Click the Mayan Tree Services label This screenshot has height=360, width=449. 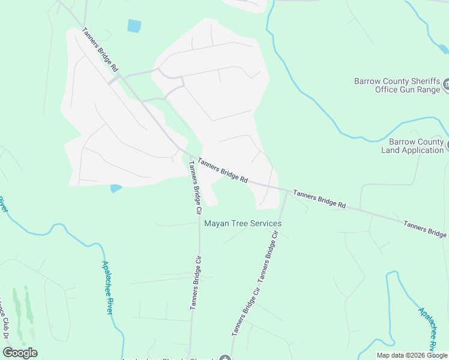coord(243,223)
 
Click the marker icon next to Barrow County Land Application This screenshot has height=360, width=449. coord(447,144)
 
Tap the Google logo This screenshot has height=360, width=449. coord(20,352)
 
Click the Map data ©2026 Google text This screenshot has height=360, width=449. coord(412,355)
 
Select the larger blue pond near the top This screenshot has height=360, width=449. coord(134,26)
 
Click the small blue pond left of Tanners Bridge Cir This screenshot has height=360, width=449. coord(116,188)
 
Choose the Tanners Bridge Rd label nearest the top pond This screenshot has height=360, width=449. coord(100,50)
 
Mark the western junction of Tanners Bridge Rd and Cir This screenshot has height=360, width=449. coord(188,154)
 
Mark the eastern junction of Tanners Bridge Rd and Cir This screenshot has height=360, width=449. coord(286,191)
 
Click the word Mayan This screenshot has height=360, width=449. coord(216,223)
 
